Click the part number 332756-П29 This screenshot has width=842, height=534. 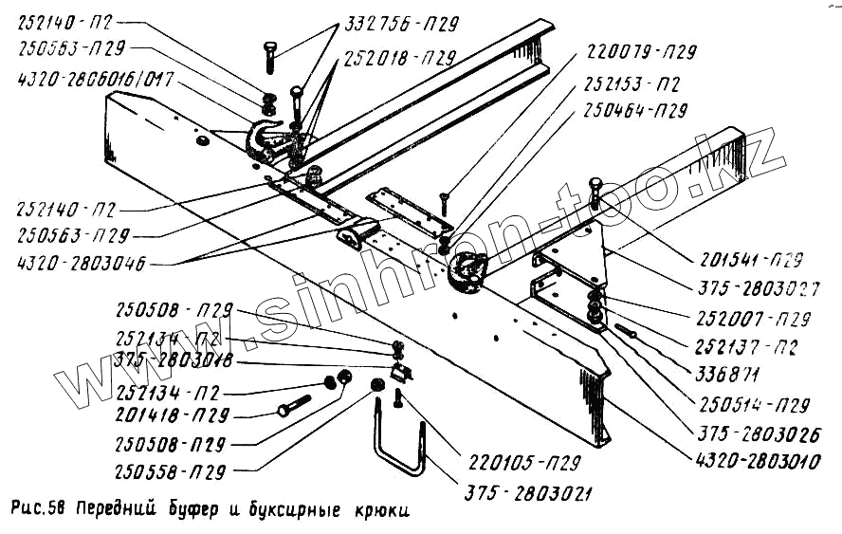click(389, 28)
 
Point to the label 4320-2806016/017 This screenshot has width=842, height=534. click(98, 81)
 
